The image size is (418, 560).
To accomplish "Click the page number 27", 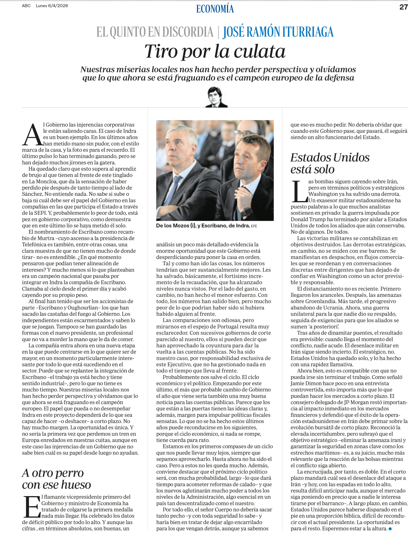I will [x=404, y=7].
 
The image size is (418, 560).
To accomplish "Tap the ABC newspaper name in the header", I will [x=26, y=5].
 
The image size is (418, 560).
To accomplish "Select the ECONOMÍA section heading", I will [x=215, y=9].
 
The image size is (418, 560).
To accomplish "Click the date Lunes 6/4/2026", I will [x=52, y=5].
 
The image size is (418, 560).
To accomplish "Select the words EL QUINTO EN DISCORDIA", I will [x=155, y=32].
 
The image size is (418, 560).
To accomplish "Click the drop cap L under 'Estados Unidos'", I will [x=299, y=191].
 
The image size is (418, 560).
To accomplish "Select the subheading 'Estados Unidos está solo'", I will [x=329, y=163].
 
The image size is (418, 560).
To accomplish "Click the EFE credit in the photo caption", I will [x=254, y=226].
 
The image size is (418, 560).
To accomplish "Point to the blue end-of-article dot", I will [x=390, y=528].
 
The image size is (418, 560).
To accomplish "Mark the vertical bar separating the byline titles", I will [x=218, y=32].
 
